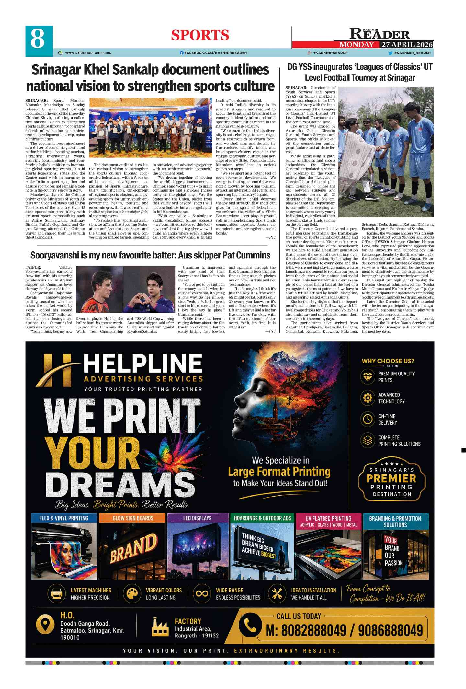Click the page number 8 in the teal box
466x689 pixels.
(x=38, y=39)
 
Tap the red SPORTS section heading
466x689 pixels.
(x=200, y=35)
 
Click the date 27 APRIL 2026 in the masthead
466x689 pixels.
(x=407, y=45)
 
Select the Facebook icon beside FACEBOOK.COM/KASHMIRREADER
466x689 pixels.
(x=182, y=53)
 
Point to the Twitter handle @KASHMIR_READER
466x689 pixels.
(x=412, y=53)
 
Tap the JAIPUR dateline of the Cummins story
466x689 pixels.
(x=33, y=267)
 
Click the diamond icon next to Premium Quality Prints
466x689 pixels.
(x=367, y=377)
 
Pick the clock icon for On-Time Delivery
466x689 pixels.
(x=367, y=419)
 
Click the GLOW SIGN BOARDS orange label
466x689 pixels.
(x=133, y=518)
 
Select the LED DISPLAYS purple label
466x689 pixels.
(x=197, y=518)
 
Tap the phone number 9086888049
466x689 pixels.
(x=390, y=630)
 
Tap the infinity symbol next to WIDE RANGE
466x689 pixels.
(x=201, y=593)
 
